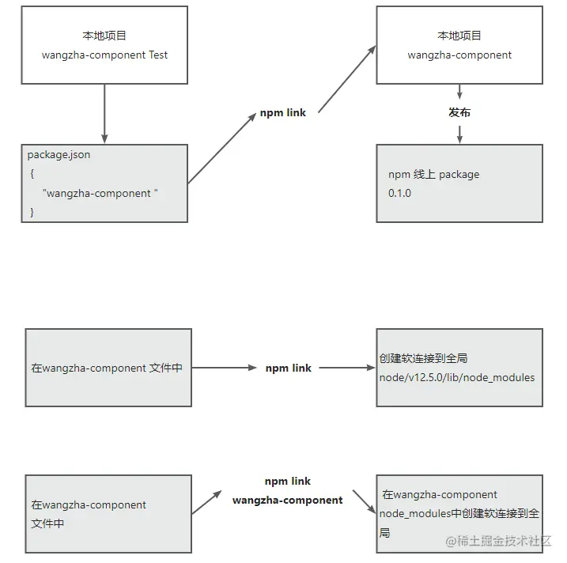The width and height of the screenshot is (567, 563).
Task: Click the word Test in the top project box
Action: coord(158,55)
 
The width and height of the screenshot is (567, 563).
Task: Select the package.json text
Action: coord(59,155)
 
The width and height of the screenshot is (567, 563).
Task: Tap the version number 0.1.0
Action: coord(399,193)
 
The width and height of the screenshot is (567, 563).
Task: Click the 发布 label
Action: coord(459,112)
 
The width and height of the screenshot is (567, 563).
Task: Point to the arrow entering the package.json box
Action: coord(104,115)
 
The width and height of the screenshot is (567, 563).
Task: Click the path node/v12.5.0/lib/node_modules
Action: coord(457,377)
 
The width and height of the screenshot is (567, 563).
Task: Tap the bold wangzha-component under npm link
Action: coord(288,500)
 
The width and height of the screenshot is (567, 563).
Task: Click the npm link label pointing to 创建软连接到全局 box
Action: coord(288,368)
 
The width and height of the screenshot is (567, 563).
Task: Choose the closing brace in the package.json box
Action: coord(32,212)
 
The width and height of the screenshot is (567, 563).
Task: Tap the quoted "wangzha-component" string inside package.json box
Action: coord(100,193)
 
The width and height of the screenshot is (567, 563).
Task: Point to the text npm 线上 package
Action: coord(433,174)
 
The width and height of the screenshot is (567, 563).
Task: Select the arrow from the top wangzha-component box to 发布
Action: coord(459,92)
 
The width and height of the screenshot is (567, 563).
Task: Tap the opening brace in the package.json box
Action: coord(32,174)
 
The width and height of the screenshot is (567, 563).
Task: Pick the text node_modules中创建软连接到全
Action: coord(459,514)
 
